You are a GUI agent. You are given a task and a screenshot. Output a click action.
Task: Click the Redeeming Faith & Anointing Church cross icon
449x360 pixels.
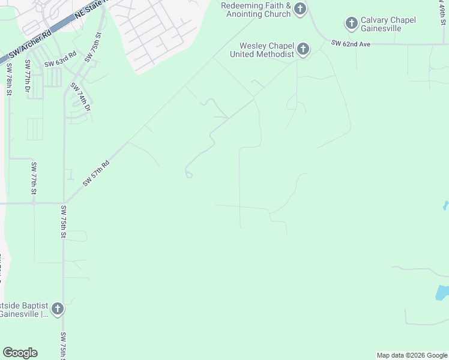click(x=300, y=8)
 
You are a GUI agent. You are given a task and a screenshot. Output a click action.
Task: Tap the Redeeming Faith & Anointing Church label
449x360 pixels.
click(x=256, y=10)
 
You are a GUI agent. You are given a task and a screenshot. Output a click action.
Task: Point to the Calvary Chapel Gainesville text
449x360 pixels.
click(x=388, y=25)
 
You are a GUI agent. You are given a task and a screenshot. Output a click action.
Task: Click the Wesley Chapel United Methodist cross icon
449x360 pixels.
click(x=303, y=49)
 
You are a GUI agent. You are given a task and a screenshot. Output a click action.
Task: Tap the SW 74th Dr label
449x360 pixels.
click(x=80, y=97)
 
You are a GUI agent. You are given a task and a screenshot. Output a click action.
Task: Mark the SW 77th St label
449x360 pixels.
click(x=34, y=178)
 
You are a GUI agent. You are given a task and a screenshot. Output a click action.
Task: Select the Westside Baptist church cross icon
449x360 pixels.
click(x=58, y=309)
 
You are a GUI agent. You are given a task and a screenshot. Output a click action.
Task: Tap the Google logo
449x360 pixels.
click(x=20, y=353)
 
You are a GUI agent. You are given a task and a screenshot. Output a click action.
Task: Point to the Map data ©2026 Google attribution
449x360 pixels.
click(x=411, y=355)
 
